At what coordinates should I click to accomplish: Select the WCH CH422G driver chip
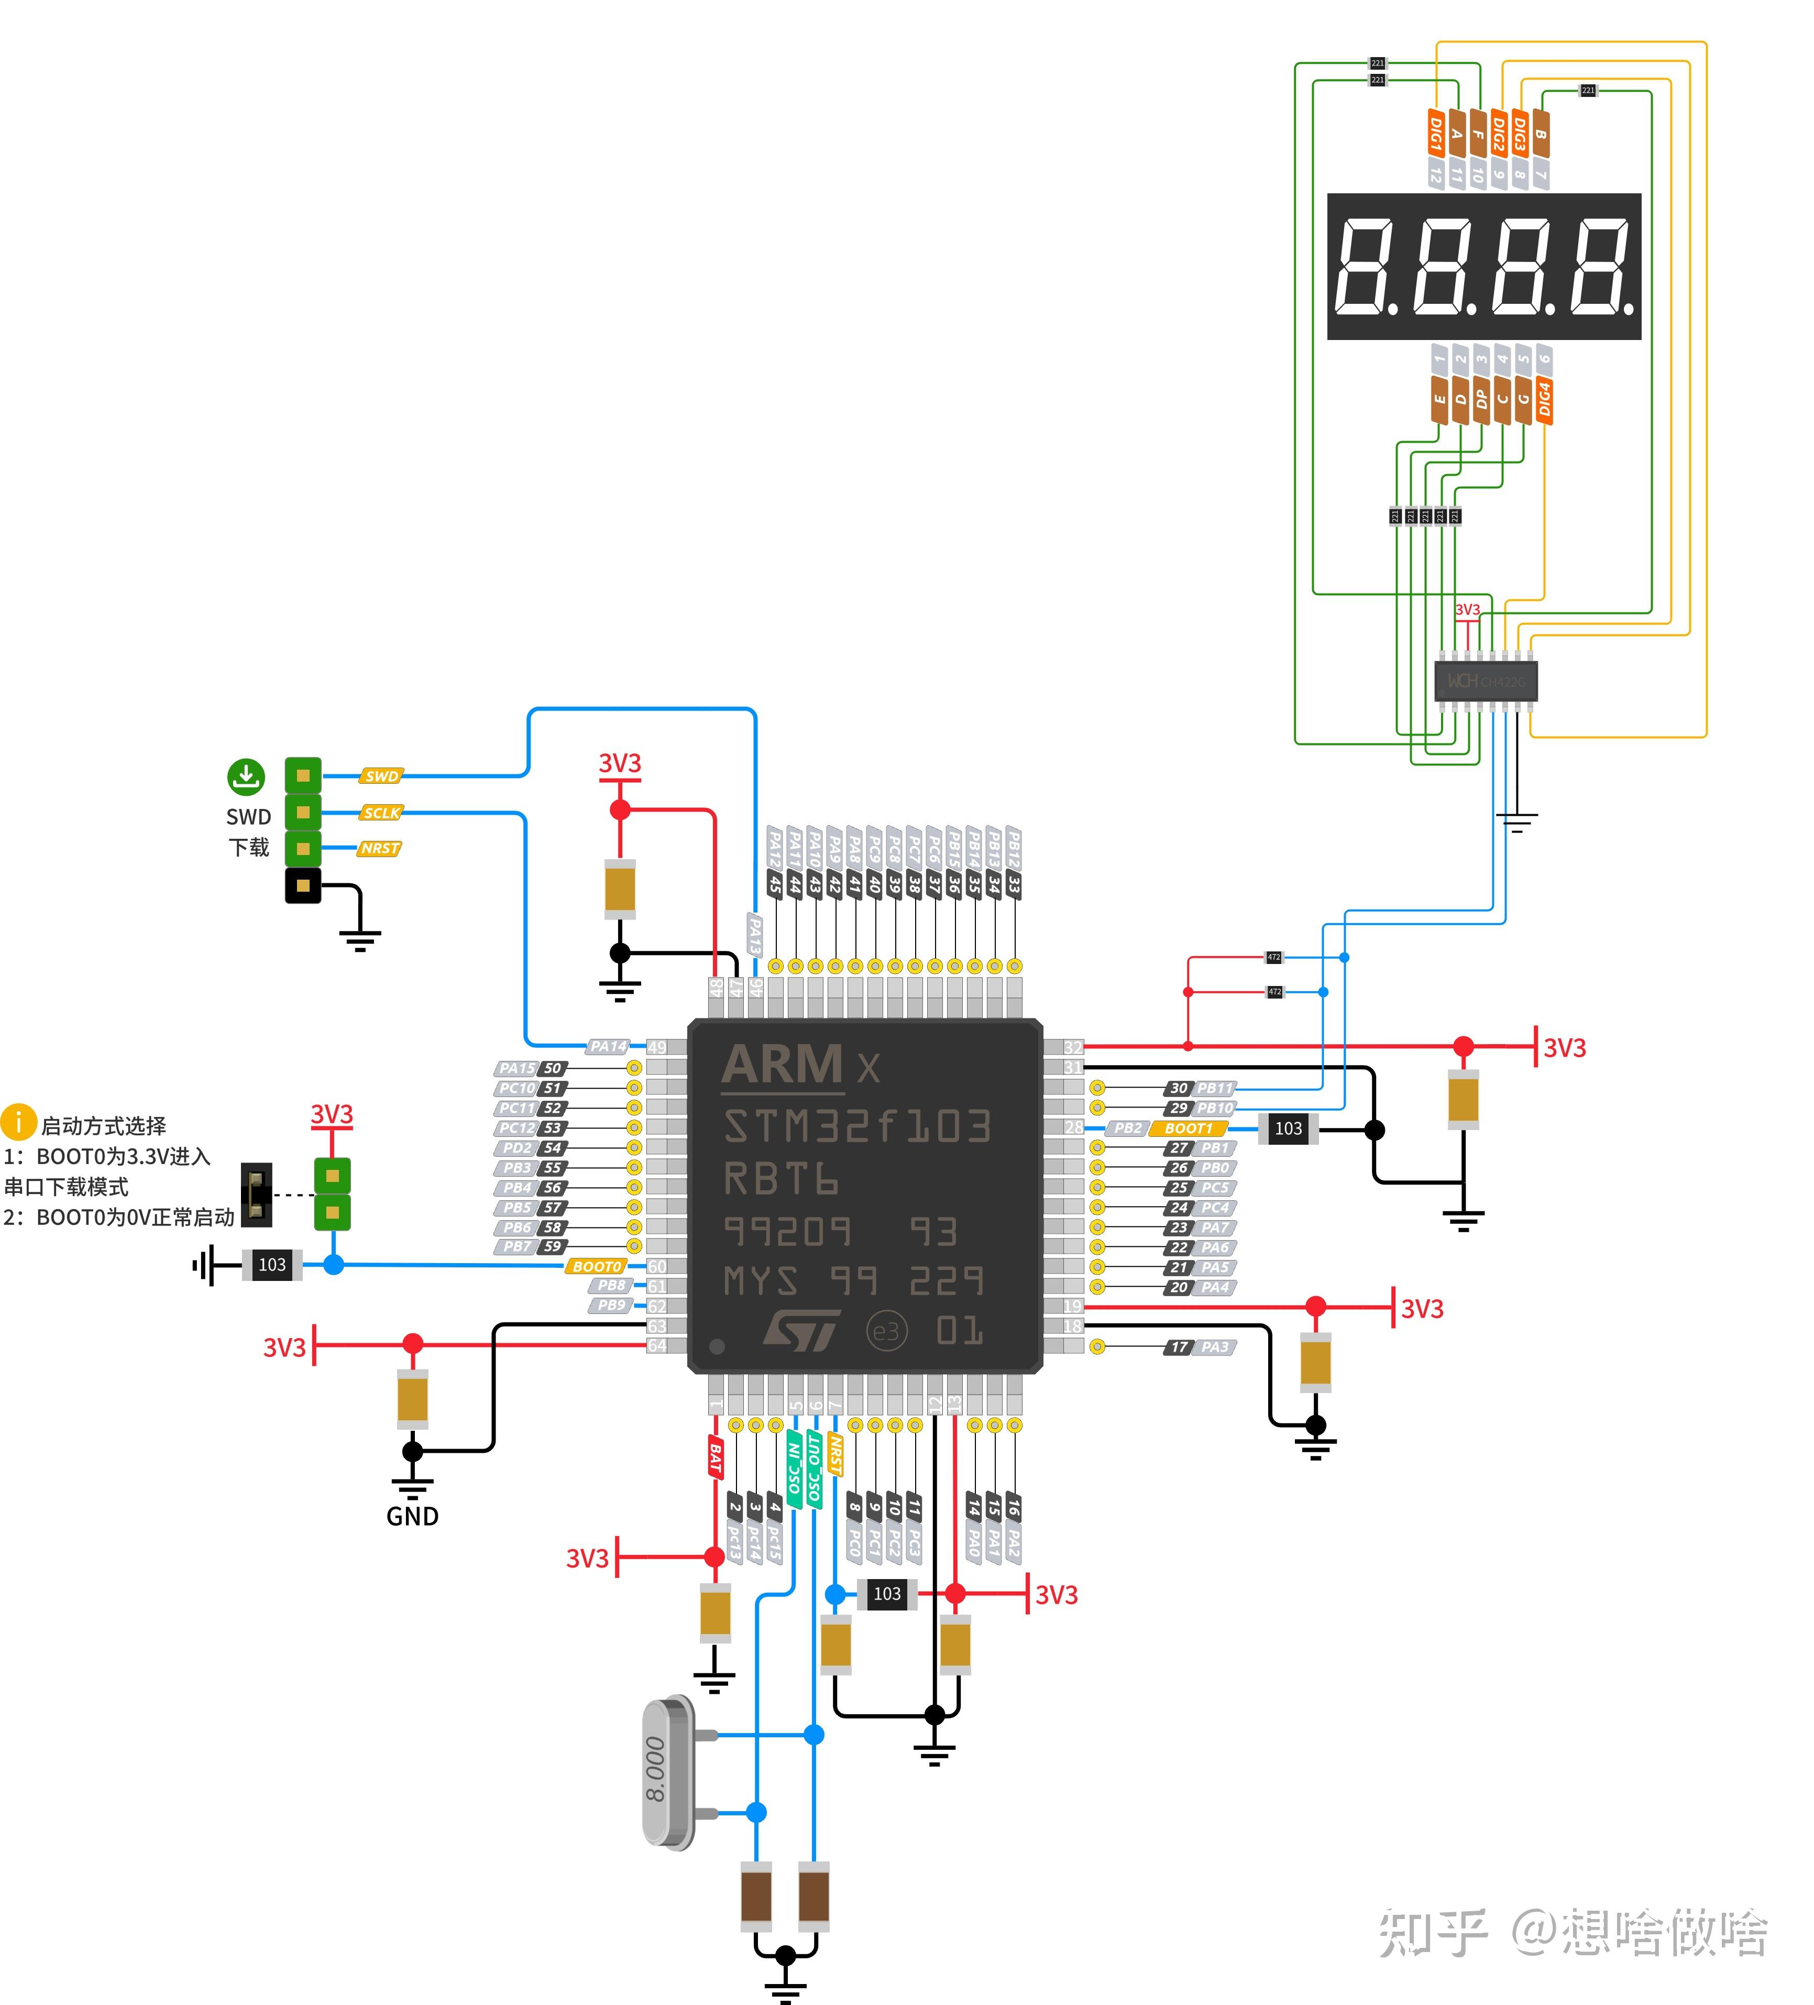[x=1486, y=681]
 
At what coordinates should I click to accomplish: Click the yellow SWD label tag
[x=381, y=776]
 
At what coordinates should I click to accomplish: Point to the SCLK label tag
[x=381, y=813]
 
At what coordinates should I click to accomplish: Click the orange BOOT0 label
[x=597, y=1266]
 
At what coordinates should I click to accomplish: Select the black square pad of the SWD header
[x=303, y=885]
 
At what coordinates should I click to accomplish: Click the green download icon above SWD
[x=246, y=777]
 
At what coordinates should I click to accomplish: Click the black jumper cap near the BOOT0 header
[x=257, y=1195]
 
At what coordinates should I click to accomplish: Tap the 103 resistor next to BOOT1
[x=1288, y=1129]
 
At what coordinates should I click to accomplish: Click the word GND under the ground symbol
[x=412, y=1517]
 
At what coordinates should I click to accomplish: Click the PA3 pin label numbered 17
[x=1201, y=1346]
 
